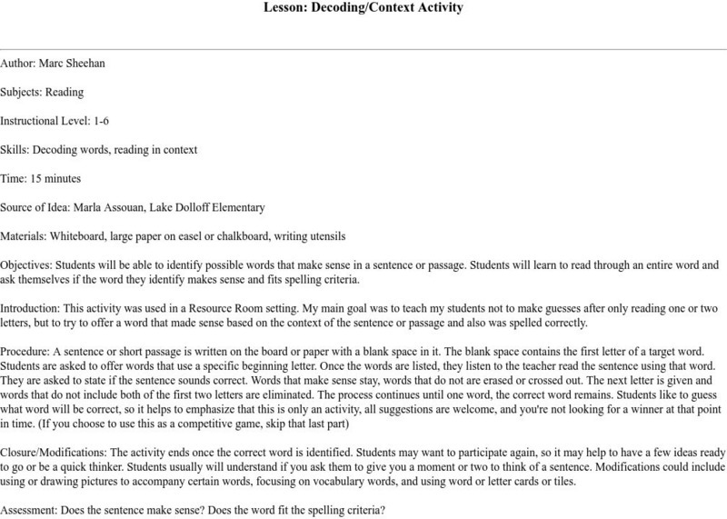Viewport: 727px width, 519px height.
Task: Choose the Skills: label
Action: [15, 150]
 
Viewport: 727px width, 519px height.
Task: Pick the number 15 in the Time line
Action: [40, 179]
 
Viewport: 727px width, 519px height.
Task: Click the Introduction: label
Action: [31, 310]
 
